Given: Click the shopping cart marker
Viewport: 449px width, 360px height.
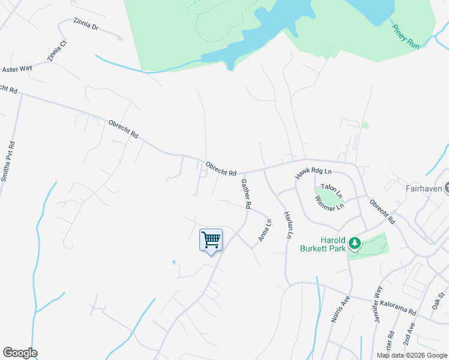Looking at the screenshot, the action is pyautogui.click(x=211, y=241).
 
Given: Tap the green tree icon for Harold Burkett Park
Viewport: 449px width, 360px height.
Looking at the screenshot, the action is pyautogui.click(x=355, y=243).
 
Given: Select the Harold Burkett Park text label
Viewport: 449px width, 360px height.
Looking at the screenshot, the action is pyautogui.click(x=325, y=244).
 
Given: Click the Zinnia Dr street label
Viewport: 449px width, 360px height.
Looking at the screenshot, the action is pyautogui.click(x=85, y=27).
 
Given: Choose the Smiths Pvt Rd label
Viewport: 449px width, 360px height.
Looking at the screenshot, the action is pyautogui.click(x=8, y=161).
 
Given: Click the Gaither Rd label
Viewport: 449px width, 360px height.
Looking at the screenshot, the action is pyautogui.click(x=245, y=193).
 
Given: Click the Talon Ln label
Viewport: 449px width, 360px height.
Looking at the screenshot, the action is pyautogui.click(x=331, y=190).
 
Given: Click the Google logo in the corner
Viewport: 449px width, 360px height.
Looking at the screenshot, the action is pyautogui.click(x=20, y=353).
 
